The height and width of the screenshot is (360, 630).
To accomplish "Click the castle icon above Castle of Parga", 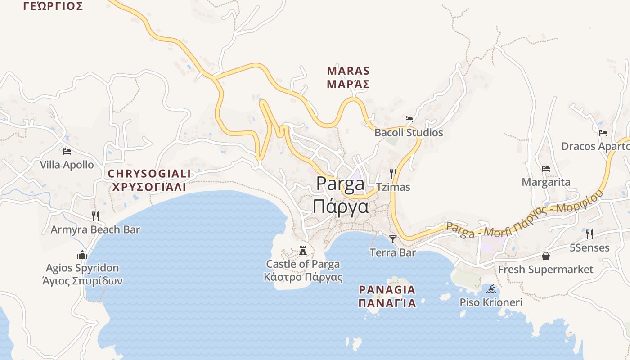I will click(303, 251).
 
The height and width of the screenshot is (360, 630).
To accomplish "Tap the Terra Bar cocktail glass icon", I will click(393, 239).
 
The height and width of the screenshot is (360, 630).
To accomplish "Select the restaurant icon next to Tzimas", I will click(393, 173).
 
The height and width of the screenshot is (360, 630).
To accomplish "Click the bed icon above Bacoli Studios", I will click(409, 119).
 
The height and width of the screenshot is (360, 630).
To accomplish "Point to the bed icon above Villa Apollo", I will click(67, 151).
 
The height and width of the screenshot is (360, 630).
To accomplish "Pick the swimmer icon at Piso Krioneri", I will click(491, 289).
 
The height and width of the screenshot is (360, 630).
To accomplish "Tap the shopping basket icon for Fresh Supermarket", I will click(546, 256).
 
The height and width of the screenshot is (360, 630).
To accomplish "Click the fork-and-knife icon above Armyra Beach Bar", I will click(95, 216).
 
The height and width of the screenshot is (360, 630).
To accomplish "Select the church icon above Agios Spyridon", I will click(82, 255).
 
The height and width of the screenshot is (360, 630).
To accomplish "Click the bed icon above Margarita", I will click(546, 169).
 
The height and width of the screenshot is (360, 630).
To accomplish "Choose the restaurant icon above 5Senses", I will click(589, 234).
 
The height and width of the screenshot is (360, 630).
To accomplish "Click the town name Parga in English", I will click(340, 184).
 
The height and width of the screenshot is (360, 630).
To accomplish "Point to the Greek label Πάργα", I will click(341, 207).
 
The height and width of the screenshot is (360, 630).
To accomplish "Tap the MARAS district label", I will click(348, 71).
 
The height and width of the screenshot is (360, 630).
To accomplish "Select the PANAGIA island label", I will click(387, 289).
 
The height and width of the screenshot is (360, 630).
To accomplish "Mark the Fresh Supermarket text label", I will click(545, 270).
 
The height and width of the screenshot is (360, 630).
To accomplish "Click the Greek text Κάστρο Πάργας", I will click(303, 277).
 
